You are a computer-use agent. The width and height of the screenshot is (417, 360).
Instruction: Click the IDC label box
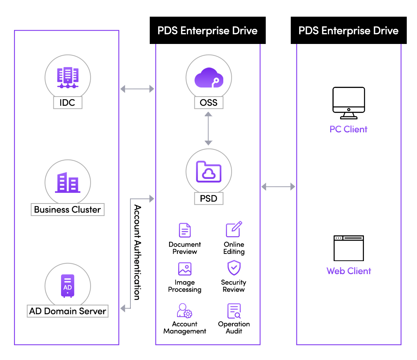[x=67, y=103]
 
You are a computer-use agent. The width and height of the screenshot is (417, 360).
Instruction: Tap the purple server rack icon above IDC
[x=68, y=78]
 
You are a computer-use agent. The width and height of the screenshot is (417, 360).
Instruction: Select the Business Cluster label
[x=67, y=210]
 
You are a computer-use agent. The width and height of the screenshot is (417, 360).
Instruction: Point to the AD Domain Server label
[x=67, y=311]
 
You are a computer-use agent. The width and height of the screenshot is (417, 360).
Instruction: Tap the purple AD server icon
[x=67, y=286]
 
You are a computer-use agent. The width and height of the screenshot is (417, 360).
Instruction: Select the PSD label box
[x=209, y=198]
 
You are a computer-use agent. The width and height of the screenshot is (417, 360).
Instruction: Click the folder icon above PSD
[x=209, y=172]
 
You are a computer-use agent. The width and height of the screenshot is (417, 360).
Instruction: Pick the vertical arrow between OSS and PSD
[x=208, y=129]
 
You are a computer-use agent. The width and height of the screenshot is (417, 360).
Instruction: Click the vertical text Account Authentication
[x=137, y=252]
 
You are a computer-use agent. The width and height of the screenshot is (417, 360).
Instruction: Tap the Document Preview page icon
[x=185, y=230]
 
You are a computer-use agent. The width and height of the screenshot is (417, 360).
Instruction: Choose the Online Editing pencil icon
[x=234, y=229]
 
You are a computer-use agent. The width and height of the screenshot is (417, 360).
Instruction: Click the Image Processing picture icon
[x=185, y=269]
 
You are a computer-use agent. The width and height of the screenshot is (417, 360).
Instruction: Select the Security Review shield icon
[x=234, y=268]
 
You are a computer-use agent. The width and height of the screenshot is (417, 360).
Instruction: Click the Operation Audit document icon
[x=234, y=311]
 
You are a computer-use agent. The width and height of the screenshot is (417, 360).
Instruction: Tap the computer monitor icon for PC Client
[x=349, y=103]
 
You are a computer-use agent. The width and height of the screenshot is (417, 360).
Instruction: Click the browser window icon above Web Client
[x=349, y=248]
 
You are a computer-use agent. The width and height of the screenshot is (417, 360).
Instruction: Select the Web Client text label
[x=349, y=271]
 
